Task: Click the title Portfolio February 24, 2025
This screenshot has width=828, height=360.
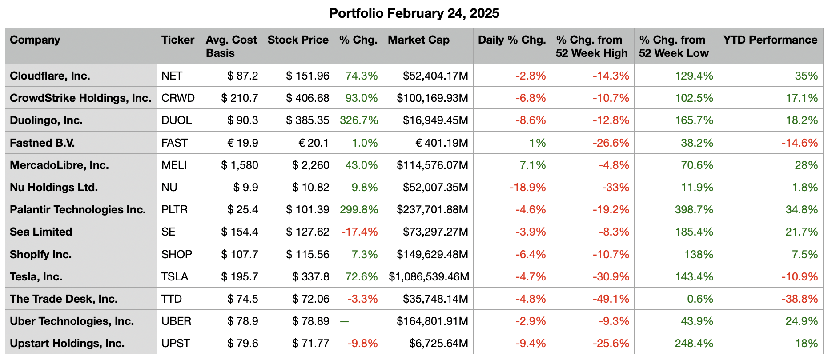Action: point(414,13)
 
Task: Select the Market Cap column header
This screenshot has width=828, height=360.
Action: point(418,40)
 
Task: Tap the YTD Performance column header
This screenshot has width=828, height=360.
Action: point(770,40)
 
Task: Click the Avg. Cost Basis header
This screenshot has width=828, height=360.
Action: point(231,46)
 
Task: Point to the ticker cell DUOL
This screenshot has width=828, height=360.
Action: point(177,120)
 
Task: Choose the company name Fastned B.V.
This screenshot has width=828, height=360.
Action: point(42,143)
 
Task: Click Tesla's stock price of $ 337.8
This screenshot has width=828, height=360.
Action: point(310,276)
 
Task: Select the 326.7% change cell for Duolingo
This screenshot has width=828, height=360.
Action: point(359,120)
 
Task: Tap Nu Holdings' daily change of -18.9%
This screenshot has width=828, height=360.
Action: point(527,187)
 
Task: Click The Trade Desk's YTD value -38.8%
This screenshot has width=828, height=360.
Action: point(800,299)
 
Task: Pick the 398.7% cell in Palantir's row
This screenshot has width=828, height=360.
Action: point(694,209)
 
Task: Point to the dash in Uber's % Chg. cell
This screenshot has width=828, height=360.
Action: point(344,321)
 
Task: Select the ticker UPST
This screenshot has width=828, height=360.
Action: point(176,343)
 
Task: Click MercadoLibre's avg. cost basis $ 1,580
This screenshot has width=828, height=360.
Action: point(240,165)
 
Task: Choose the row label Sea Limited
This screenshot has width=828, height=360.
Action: point(41,232)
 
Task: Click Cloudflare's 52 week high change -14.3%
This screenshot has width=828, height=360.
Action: point(611,76)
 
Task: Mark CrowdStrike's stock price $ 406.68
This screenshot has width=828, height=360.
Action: point(308,98)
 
